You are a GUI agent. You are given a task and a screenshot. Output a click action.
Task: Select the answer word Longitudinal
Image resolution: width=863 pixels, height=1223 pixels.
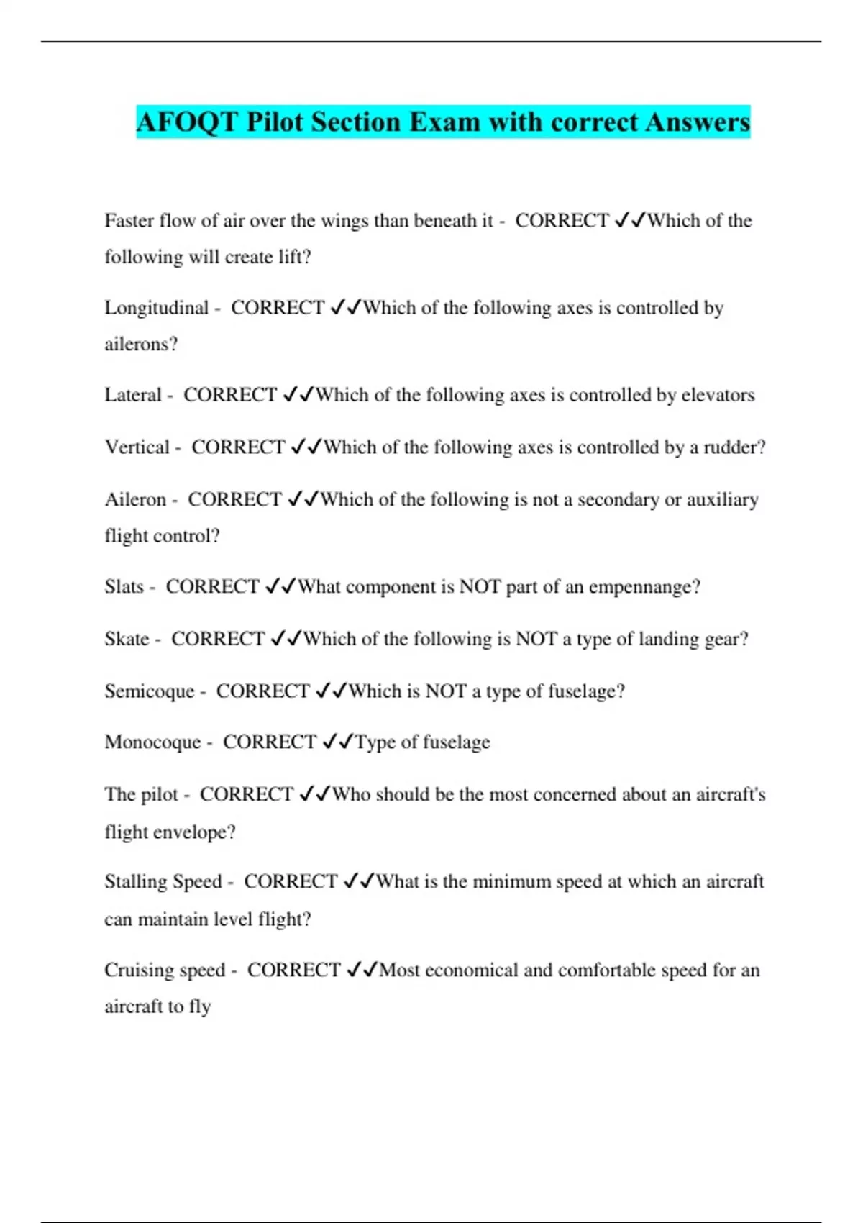(x=156, y=308)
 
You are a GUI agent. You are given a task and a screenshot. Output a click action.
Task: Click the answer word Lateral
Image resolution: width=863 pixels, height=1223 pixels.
(x=133, y=395)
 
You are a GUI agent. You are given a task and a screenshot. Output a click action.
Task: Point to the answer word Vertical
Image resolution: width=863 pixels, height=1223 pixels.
(x=137, y=447)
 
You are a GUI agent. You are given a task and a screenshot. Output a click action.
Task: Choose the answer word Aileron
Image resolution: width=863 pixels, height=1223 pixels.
(x=135, y=499)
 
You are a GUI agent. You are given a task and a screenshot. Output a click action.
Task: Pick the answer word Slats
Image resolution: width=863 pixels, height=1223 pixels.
(x=124, y=587)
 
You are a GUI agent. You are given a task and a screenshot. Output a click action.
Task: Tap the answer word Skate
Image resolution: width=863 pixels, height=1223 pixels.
(x=127, y=639)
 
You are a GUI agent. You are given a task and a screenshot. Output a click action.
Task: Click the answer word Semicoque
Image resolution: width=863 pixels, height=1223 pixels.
(x=150, y=691)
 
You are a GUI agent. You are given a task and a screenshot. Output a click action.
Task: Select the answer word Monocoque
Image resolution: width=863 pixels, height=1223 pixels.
(x=152, y=742)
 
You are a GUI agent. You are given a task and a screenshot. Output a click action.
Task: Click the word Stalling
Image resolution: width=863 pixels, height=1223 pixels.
(x=134, y=882)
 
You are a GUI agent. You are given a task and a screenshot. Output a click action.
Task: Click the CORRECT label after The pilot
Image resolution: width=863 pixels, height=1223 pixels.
(x=246, y=794)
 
